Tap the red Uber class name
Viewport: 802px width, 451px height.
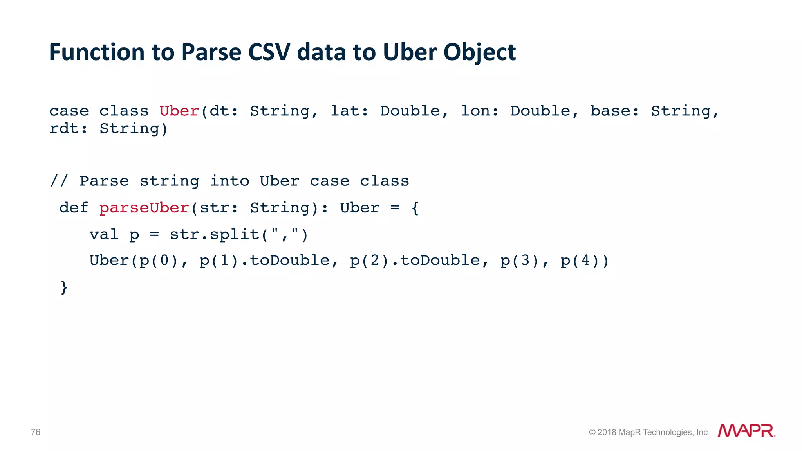coord(179,111)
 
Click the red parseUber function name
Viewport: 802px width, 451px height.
coord(144,208)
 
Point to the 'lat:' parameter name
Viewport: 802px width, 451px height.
coord(349,111)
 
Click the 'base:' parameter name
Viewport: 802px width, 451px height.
coord(614,111)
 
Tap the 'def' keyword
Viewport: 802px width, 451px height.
coord(74,208)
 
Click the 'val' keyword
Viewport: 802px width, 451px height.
coord(104,235)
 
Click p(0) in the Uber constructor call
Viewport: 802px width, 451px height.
coord(159,261)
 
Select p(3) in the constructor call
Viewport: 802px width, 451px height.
coord(520,261)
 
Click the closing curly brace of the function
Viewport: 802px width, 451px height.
coord(64,287)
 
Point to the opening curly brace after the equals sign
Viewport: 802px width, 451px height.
coord(415,208)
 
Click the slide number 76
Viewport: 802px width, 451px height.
coord(36,432)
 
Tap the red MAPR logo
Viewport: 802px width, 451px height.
coord(746,431)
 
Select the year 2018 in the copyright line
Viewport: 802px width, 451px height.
coord(607,432)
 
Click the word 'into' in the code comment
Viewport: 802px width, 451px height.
coord(229,181)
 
